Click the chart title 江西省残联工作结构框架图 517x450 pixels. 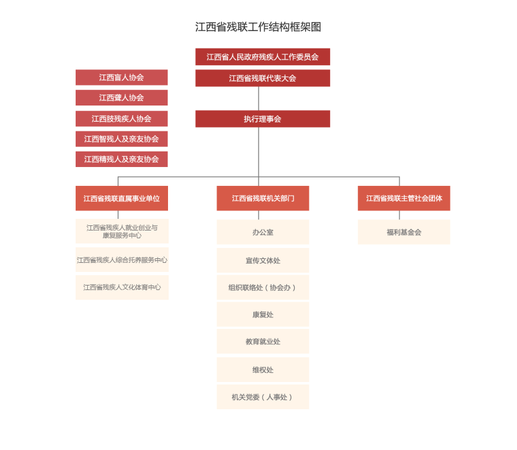pos(258,27)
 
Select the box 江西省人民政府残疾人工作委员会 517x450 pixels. pos(262,57)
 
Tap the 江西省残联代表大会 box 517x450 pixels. pos(262,78)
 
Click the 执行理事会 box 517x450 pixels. pos(262,119)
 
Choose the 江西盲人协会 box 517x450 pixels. pos(121,77)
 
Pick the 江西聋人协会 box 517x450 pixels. pos(121,98)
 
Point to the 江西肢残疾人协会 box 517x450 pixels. pos(121,118)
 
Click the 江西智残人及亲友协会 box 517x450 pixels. pos(121,139)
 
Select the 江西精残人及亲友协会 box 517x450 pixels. pos(121,159)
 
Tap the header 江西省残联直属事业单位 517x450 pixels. pos(121,198)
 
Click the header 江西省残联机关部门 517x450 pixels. pos(263,198)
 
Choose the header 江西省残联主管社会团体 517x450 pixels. pos(404,198)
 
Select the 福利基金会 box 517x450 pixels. pos(404,232)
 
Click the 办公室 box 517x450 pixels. pos(263,232)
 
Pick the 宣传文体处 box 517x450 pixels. pos(263,260)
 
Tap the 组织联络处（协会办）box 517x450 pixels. pos(263,287)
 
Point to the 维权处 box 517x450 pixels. pos(263,370)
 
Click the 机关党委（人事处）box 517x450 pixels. pos(263,397)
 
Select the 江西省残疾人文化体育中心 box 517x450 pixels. pos(122,287)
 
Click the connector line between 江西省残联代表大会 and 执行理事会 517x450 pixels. pos(258,98)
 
